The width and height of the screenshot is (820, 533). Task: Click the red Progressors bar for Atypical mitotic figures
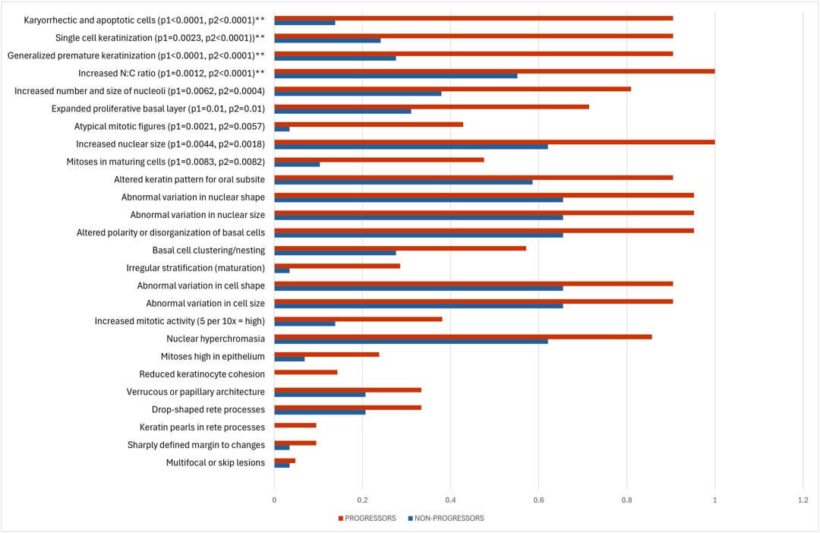tap(368, 124)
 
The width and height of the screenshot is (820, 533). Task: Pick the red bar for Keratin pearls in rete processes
tap(295, 425)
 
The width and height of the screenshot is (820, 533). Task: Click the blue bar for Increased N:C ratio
tap(396, 76)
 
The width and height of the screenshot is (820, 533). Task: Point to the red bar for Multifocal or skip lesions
tap(285, 460)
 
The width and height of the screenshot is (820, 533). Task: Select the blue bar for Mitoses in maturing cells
tap(297, 164)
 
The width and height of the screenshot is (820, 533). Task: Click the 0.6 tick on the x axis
tap(538, 500)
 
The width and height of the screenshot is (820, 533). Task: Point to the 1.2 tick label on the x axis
tap(803, 500)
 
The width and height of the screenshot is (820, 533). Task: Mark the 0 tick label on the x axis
tap(274, 500)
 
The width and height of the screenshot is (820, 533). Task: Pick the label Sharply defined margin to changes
tap(196, 445)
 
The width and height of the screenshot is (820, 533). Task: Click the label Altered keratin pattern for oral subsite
tap(189, 179)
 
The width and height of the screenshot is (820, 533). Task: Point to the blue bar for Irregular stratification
tap(282, 270)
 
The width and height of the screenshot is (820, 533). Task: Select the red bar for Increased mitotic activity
tap(358, 319)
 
